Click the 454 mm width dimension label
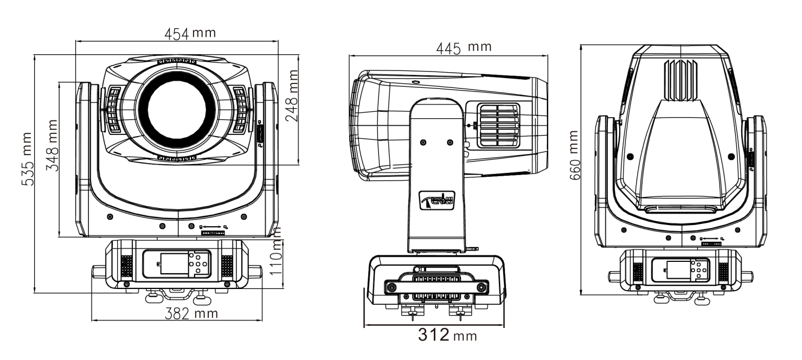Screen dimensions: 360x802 tap(190, 33)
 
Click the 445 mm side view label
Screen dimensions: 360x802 tap(464, 48)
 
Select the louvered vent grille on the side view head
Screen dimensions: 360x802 tap(498, 125)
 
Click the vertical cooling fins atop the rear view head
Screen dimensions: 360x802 tap(681, 80)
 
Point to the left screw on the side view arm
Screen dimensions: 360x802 tap(423, 142)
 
